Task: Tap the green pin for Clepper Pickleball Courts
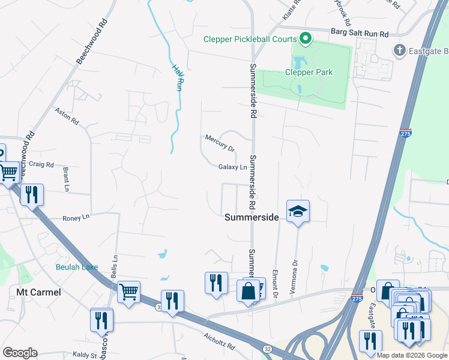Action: click(x=306, y=40)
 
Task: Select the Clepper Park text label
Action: click(x=309, y=73)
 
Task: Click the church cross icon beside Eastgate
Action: click(x=400, y=50)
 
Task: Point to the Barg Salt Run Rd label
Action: click(x=359, y=34)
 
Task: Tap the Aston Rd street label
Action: click(x=67, y=116)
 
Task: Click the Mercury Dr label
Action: click(x=219, y=142)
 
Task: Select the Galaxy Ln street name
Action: click(x=233, y=167)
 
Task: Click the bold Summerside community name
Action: click(x=252, y=218)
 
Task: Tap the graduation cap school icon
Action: click(x=297, y=212)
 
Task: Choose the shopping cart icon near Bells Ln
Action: click(x=128, y=292)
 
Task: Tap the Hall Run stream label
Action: click(x=177, y=77)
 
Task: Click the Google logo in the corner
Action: click(x=20, y=353)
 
